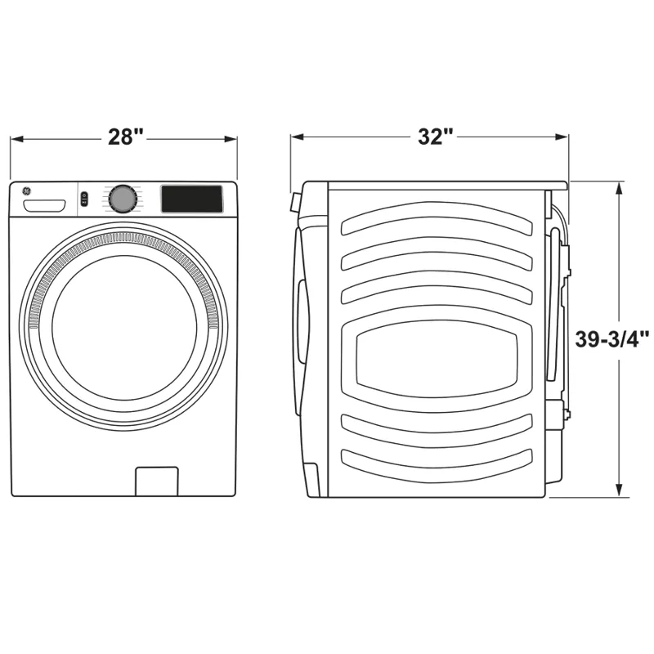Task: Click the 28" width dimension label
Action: click(x=125, y=137)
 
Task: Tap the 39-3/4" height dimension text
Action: click(x=612, y=339)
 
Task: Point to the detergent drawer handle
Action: click(x=45, y=204)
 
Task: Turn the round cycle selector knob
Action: click(x=123, y=199)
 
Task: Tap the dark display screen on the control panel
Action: click(x=191, y=199)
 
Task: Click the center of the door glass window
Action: click(x=124, y=327)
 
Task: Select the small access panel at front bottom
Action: click(x=156, y=481)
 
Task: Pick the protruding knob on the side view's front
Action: click(x=293, y=203)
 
